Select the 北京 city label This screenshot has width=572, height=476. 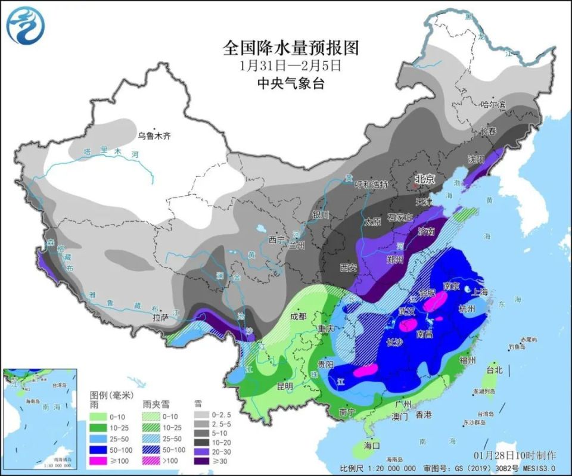pyautogui.click(x=426, y=179)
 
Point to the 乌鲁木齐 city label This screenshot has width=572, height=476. pyautogui.click(x=154, y=136)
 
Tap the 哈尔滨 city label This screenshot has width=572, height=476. pyautogui.click(x=493, y=104)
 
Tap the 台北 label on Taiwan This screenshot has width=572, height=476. pyautogui.click(x=494, y=370)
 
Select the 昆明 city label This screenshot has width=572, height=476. pyautogui.click(x=285, y=386)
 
